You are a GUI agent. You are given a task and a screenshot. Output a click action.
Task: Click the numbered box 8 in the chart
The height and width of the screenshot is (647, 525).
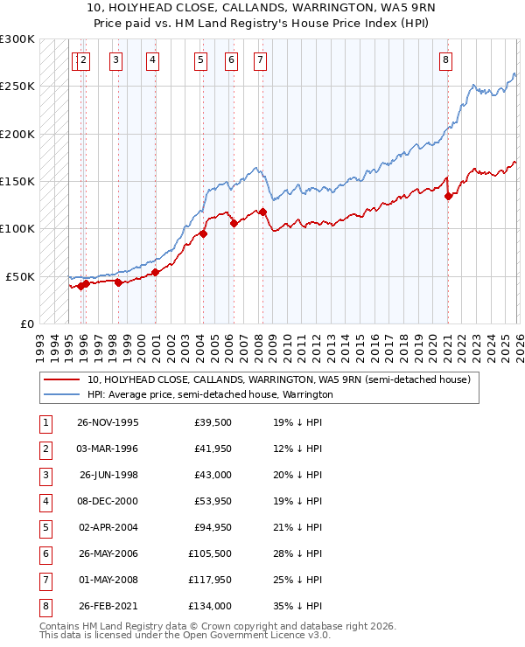[x=445, y=59]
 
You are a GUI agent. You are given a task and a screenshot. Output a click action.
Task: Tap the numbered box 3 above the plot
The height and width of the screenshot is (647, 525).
[x=116, y=59]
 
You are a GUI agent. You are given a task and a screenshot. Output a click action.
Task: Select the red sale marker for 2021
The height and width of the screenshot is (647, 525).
[x=448, y=196]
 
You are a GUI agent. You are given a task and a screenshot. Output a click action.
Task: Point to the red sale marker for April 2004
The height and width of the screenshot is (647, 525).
[x=203, y=233]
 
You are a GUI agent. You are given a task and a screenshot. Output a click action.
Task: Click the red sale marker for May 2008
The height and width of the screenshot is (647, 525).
[x=262, y=211]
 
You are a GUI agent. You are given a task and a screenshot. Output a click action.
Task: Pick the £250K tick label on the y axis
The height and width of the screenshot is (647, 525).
[x=17, y=87]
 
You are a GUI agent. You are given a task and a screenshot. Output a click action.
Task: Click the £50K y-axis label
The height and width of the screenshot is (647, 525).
[x=20, y=276]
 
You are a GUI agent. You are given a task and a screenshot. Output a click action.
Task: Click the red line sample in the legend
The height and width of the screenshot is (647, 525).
[x=62, y=379]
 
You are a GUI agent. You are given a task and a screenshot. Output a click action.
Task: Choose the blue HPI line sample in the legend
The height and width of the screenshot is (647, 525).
[x=62, y=394]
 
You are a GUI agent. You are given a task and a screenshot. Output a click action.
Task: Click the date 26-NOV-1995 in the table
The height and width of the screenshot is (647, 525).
[x=108, y=422]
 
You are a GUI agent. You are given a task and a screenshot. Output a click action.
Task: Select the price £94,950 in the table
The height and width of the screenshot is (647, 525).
[x=209, y=527]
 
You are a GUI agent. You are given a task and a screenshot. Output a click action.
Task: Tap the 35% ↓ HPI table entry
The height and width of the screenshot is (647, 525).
[x=298, y=606]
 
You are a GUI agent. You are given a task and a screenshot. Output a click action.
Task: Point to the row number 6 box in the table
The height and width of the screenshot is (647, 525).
[x=44, y=553]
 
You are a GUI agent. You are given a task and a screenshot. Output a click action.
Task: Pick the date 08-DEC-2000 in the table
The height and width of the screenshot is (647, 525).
[x=108, y=501]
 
